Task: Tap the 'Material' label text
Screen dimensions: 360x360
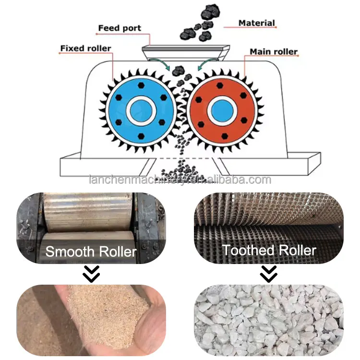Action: tap(257, 23)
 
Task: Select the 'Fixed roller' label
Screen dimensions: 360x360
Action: tap(85, 48)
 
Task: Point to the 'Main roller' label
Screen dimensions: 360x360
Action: tap(274, 51)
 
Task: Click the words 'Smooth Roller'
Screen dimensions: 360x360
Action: tap(91, 251)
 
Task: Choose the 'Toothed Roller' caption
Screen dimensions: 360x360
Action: tap(269, 250)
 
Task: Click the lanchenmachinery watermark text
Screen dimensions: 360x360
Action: tap(180, 180)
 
